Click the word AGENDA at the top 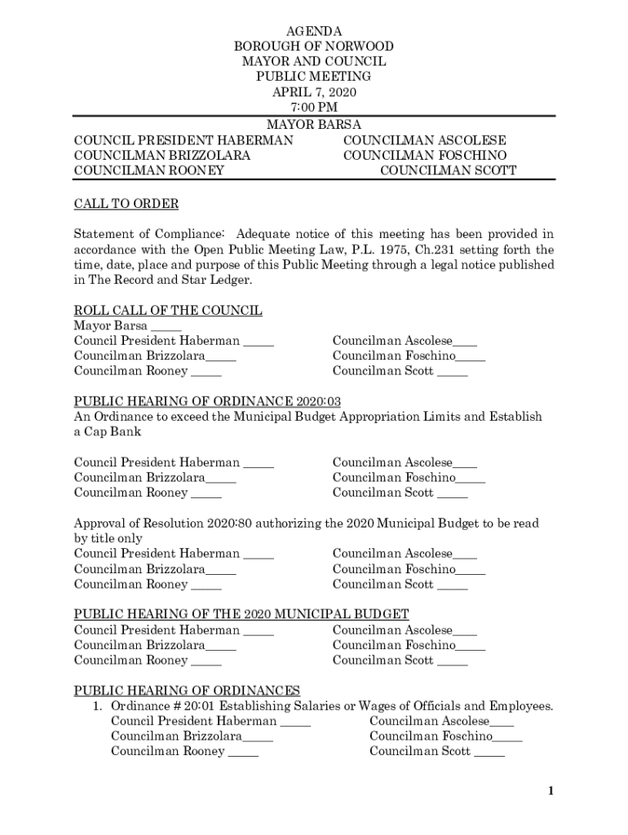pyautogui.click(x=314, y=31)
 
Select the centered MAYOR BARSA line pyautogui.click(x=314, y=125)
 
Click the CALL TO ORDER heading pyautogui.click(x=126, y=203)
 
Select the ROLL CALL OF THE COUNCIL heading pyautogui.click(x=168, y=311)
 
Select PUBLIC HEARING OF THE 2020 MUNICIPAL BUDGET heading pyautogui.click(x=241, y=614)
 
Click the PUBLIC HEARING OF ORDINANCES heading pyautogui.click(x=187, y=691)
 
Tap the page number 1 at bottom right pyautogui.click(x=551, y=791)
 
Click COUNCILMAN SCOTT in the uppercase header pyautogui.click(x=448, y=170)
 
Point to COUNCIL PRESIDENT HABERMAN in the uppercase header pyautogui.click(x=184, y=140)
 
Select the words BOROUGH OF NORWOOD pyautogui.click(x=314, y=46)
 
